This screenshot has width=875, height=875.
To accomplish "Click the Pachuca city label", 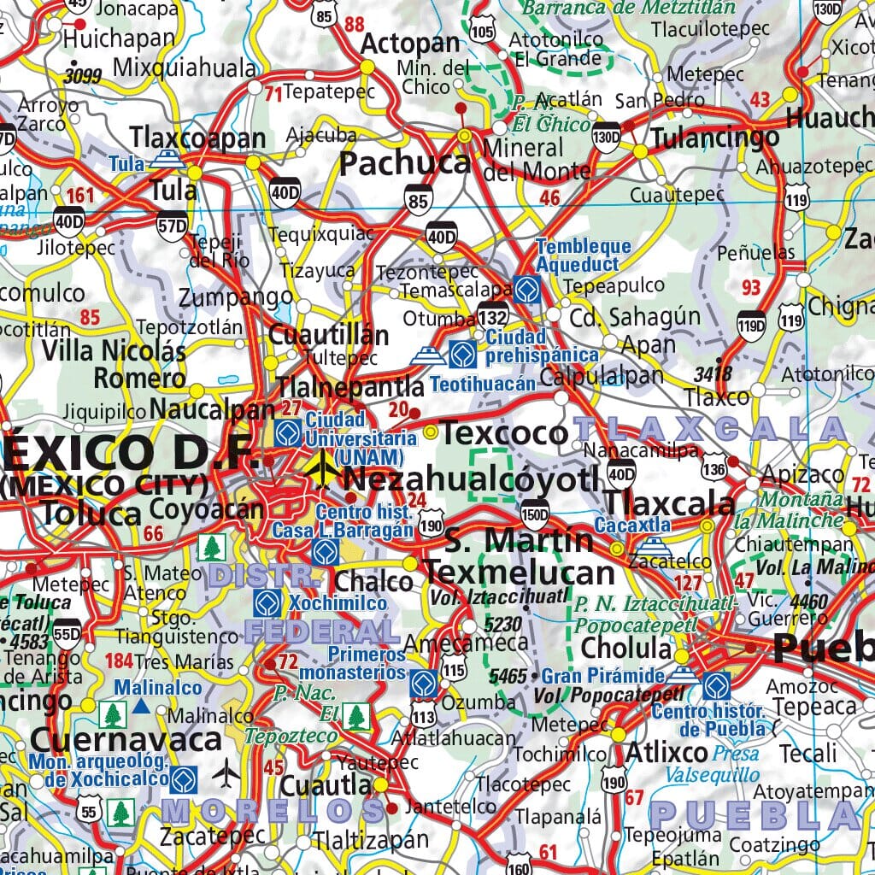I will pos(405,162).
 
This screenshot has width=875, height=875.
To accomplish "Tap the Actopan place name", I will pos(399,44).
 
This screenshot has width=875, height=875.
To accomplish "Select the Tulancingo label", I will pos(715,138).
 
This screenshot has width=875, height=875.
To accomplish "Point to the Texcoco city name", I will pos(504,433).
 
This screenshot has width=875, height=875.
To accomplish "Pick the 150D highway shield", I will pos(534,514).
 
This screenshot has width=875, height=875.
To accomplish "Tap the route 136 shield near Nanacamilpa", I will pos(714,467).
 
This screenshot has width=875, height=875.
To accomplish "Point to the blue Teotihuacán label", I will pos(483,384).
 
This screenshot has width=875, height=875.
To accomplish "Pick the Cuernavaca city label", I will pos(115,740).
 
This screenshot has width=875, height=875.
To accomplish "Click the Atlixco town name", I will pos(667,752).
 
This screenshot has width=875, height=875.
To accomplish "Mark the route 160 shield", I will pos(519,865).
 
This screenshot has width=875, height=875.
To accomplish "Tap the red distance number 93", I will pos(751,288).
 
